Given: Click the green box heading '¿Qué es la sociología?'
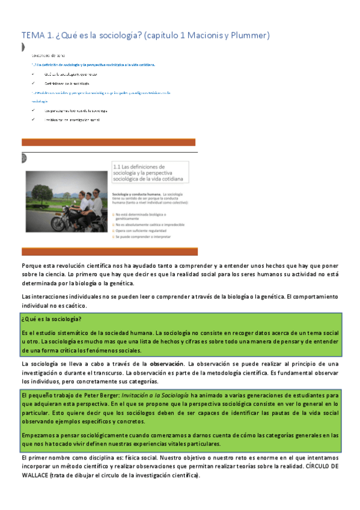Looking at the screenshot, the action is [52, 319].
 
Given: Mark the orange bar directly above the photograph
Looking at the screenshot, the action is [109, 142].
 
